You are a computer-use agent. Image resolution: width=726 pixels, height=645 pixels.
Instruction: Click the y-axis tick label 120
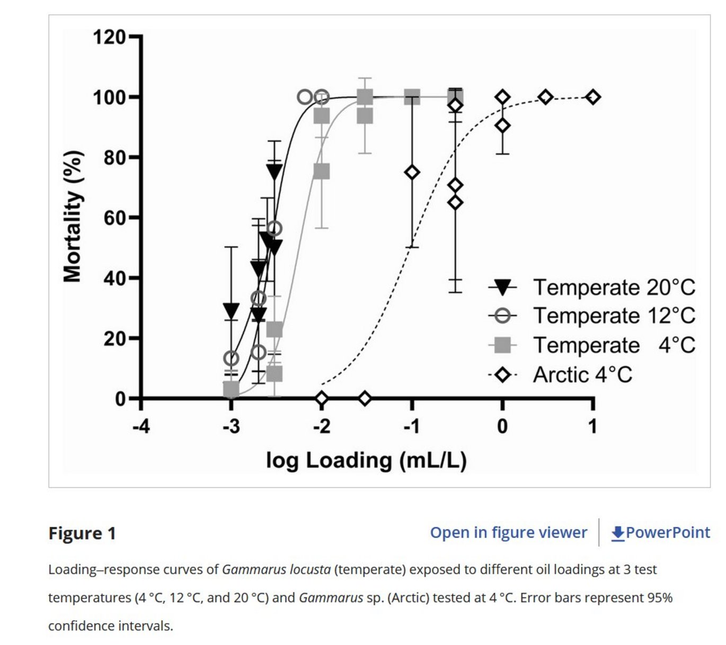pyautogui.click(x=110, y=38)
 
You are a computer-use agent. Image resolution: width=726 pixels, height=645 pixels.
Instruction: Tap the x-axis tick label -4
pyautogui.click(x=141, y=426)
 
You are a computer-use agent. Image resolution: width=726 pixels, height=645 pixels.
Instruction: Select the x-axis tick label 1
pyautogui.click(x=592, y=426)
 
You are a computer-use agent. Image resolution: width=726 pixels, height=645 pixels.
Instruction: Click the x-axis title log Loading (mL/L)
pyautogui.click(x=366, y=460)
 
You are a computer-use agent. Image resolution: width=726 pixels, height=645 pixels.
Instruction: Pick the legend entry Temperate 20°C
pyautogui.click(x=614, y=288)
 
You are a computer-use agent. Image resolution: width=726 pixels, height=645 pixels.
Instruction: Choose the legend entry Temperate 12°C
pyautogui.click(x=614, y=316)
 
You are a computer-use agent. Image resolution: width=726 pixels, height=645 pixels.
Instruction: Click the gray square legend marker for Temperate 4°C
pyautogui.click(x=502, y=345)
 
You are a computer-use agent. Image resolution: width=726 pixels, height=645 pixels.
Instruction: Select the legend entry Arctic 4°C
pyautogui.click(x=582, y=375)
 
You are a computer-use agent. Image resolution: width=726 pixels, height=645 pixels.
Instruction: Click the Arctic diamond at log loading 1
pyautogui.click(x=593, y=97)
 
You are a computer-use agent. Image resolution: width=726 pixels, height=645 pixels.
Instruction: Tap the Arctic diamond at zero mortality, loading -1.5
pyautogui.click(x=365, y=398)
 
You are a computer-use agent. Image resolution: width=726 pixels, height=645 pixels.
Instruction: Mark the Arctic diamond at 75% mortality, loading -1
pyautogui.click(x=412, y=172)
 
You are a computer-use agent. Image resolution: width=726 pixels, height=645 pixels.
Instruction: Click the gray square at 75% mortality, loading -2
pyautogui.click(x=322, y=172)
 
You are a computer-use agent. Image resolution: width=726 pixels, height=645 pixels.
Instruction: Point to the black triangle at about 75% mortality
pyautogui.click(x=274, y=172)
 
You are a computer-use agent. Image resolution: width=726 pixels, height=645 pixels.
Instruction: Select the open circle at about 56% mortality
pyautogui.click(x=274, y=229)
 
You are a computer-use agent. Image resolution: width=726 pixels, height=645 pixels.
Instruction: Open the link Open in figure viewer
pyautogui.click(x=508, y=533)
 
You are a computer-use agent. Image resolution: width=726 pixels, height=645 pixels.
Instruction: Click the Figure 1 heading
pyautogui.click(x=82, y=533)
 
